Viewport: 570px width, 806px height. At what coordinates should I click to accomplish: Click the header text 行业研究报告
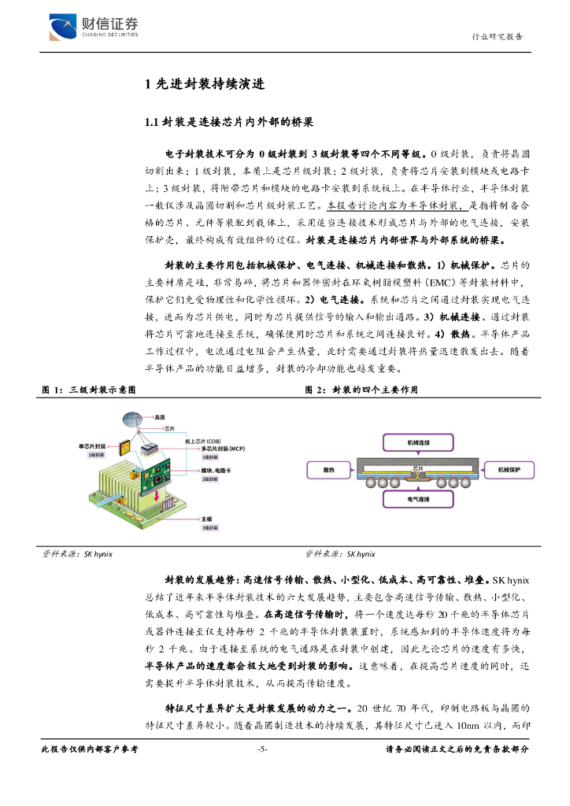point(497,37)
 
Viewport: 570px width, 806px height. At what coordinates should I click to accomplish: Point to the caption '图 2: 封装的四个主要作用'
point(361,390)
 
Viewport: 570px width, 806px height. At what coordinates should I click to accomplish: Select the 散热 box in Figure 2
point(330,470)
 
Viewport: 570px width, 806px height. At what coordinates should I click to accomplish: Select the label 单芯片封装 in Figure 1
point(92,446)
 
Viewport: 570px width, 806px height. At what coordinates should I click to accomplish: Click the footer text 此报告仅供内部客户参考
point(89,749)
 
